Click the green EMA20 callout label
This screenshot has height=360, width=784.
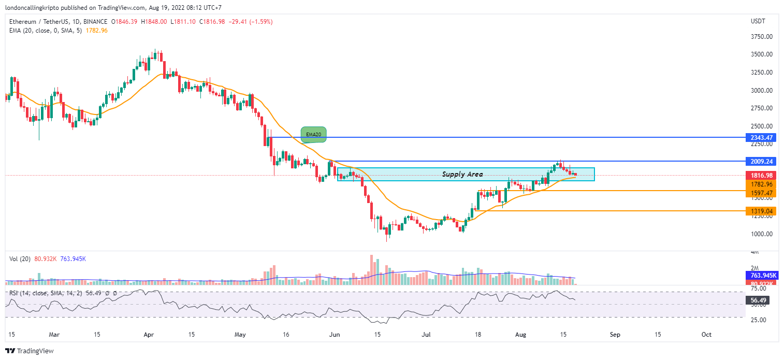[314, 134]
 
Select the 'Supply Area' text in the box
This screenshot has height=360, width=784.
[462, 175]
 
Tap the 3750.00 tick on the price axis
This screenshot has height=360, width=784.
[762, 37]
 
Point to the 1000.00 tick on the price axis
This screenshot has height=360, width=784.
[762, 234]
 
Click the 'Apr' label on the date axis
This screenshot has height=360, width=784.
[149, 335]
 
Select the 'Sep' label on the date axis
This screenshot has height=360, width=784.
[615, 335]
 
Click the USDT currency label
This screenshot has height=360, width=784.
[758, 21]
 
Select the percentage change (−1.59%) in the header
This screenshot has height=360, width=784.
[261, 22]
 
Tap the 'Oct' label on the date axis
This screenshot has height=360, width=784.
[706, 335]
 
